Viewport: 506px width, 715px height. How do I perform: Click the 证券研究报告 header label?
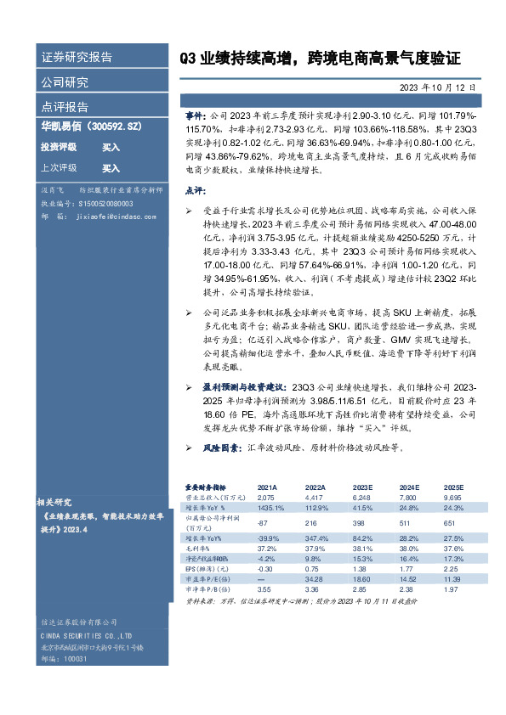(x=77, y=58)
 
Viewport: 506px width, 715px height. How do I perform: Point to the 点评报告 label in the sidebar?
(x=64, y=107)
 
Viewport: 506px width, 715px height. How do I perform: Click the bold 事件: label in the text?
(x=195, y=114)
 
